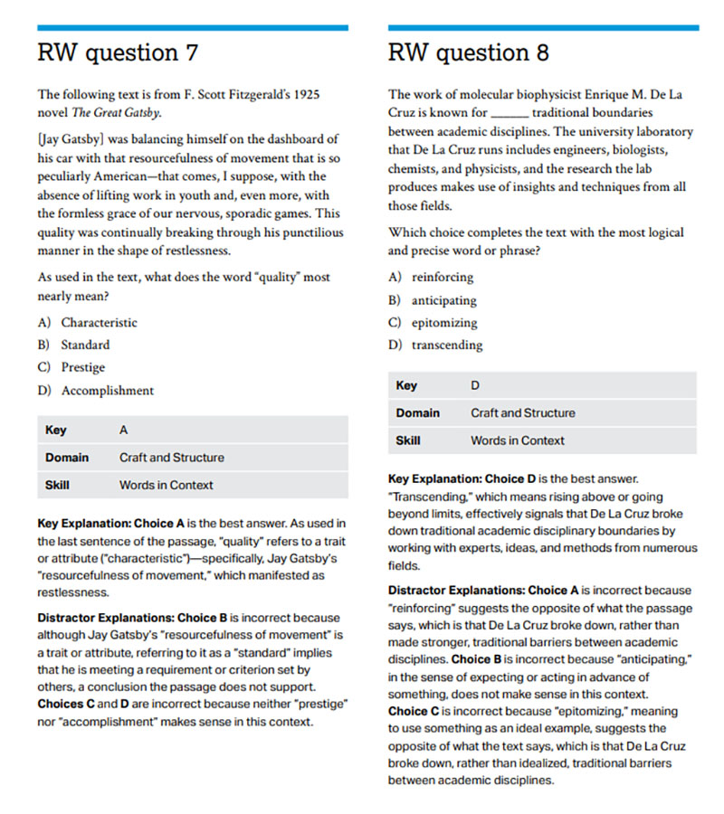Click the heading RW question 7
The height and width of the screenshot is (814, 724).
[x=118, y=52]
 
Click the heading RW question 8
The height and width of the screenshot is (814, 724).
[x=468, y=52]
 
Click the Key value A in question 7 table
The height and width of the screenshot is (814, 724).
[x=123, y=431]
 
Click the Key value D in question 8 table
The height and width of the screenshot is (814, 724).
[x=475, y=385]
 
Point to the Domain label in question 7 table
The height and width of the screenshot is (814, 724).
[x=67, y=458]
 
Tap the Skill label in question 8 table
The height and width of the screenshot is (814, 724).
[x=407, y=440]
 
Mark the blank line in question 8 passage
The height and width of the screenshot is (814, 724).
[x=509, y=114]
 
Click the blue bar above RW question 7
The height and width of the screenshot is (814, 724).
[x=192, y=28]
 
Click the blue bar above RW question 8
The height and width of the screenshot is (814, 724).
[x=543, y=28]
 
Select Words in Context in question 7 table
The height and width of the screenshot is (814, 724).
[x=166, y=485]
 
